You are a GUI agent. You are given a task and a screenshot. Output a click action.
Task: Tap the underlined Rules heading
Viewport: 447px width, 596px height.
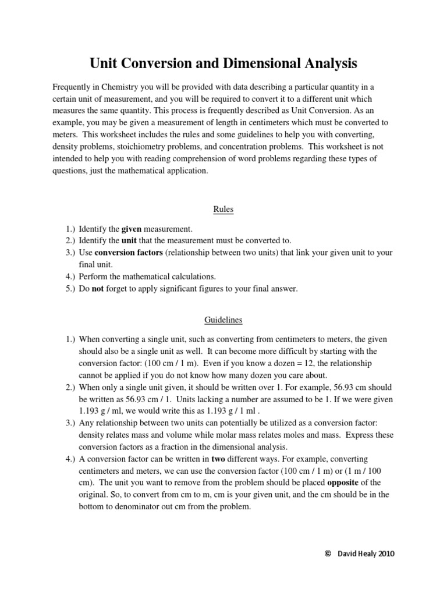tap(223, 210)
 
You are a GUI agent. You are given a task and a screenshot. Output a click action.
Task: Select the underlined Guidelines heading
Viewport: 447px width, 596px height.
tap(223, 320)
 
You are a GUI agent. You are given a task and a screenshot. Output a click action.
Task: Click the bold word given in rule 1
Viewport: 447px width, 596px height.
tap(132, 229)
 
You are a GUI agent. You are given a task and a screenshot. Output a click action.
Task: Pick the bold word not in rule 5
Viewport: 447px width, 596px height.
tap(98, 289)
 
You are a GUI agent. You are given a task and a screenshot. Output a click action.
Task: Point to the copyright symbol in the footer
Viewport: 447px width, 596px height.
tap(327, 555)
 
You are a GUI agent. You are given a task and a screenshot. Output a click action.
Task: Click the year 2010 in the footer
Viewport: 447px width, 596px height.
tap(383, 555)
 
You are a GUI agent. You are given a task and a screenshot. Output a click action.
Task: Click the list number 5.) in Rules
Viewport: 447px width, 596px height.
tap(70, 289)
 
